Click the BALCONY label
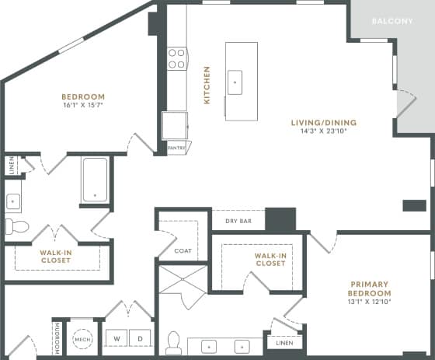(x=391, y=21)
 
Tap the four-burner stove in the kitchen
(x=177, y=59)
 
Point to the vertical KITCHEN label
(x=207, y=85)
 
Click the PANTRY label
(x=177, y=148)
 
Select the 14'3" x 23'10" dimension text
(x=323, y=131)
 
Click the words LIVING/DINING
(x=323, y=121)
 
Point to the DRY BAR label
(x=238, y=222)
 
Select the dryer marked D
(x=139, y=340)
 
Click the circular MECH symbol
(x=82, y=341)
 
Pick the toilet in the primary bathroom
(x=174, y=342)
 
